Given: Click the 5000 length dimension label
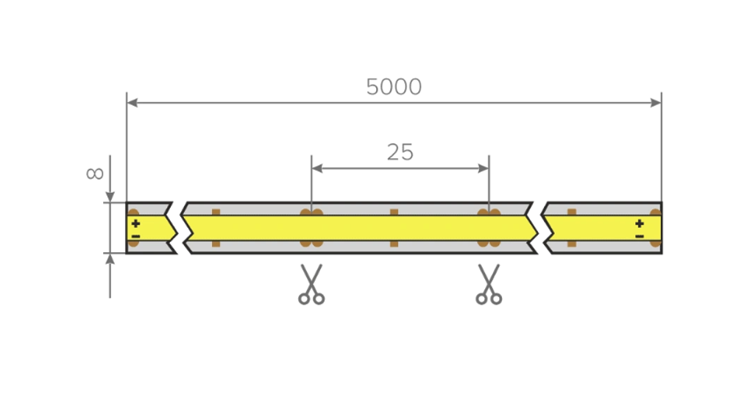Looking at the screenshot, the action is [394, 87].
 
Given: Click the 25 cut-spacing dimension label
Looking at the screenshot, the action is [400, 152].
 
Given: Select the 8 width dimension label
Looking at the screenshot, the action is [95, 174].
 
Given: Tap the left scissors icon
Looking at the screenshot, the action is [311, 284].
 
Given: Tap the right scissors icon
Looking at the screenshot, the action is [489, 284].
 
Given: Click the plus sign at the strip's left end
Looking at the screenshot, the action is [135, 224].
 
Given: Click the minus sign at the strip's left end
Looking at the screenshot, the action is [135, 236].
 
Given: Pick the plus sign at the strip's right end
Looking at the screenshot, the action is [640, 224].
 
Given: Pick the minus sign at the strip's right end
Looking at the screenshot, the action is [640, 236].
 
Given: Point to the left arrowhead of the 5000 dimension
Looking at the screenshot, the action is [132, 103].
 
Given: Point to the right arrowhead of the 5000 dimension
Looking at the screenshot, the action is [656, 103].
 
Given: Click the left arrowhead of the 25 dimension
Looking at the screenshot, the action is [316, 168].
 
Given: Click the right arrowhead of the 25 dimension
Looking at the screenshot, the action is [484, 168].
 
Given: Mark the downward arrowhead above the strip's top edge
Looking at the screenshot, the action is [110, 197].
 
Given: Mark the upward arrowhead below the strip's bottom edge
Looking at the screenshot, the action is [110, 259].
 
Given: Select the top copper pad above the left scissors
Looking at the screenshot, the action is [311, 213].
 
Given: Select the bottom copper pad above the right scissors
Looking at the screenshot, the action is [489, 243].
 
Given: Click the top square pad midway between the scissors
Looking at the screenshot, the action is [394, 213].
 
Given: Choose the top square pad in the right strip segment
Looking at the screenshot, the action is [572, 213].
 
